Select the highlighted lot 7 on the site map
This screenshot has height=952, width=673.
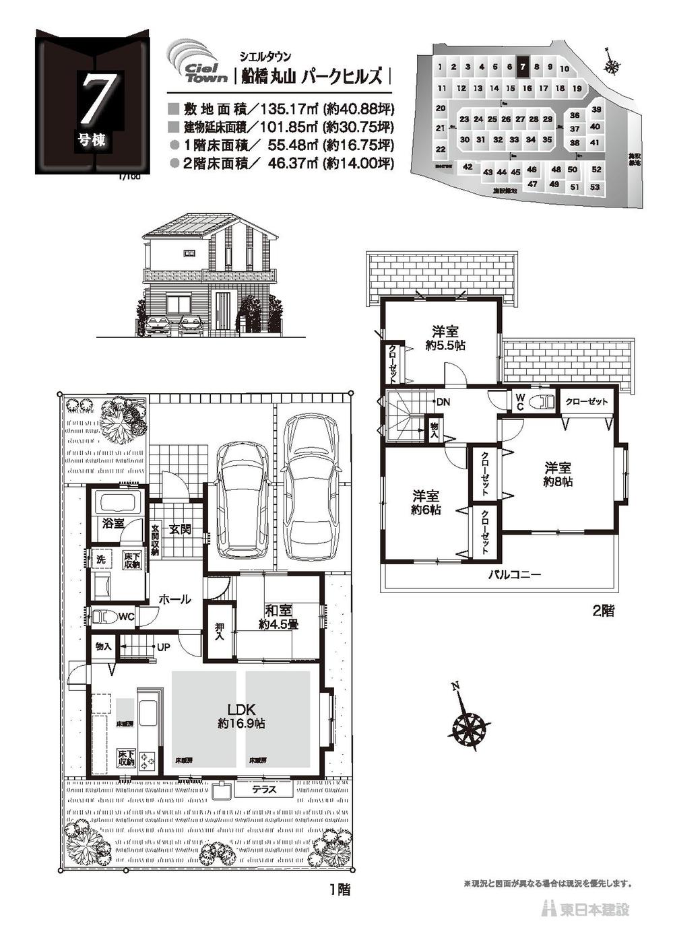coord(523,67)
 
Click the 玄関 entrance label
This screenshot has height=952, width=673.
coord(181,529)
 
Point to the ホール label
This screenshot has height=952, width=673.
coord(174,599)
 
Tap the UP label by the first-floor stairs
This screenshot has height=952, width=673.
coord(164,647)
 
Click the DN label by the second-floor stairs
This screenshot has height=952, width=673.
coord(443,402)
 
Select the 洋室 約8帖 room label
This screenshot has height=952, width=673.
coord(558,474)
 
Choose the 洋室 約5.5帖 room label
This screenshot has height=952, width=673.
coord(445,337)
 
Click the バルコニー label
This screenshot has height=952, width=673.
coord(515,575)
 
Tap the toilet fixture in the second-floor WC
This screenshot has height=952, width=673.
coord(542,403)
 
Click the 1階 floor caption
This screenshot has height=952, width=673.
coord(339,889)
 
